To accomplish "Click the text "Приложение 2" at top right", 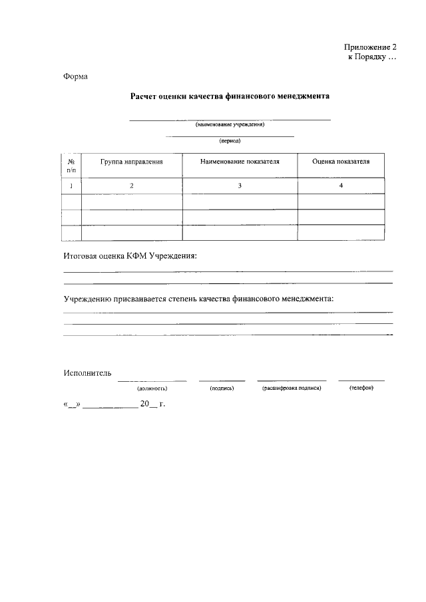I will click(x=370, y=47).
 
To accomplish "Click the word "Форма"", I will click(x=75, y=76).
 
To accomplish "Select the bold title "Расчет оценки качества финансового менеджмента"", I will click(x=230, y=96).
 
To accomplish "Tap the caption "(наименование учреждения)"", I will click(x=230, y=124).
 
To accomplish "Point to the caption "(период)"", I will click(x=230, y=141).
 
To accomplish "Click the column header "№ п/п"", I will click(x=71, y=166).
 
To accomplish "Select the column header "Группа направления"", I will click(x=132, y=162).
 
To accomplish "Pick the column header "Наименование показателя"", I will click(x=240, y=162).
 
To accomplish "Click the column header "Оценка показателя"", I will click(x=340, y=162).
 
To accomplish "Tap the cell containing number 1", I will click(x=71, y=186).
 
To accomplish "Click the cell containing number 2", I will click(x=132, y=186).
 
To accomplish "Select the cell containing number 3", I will click(x=240, y=186).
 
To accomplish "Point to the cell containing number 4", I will click(x=340, y=186).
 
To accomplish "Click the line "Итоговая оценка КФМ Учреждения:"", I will click(x=130, y=256).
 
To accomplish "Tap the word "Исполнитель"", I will click(x=87, y=373).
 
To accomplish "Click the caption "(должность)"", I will click(x=152, y=388).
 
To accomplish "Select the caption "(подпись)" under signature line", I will click(x=221, y=388).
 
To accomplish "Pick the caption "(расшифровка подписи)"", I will click(x=292, y=388).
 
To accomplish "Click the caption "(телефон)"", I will click(x=361, y=388).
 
